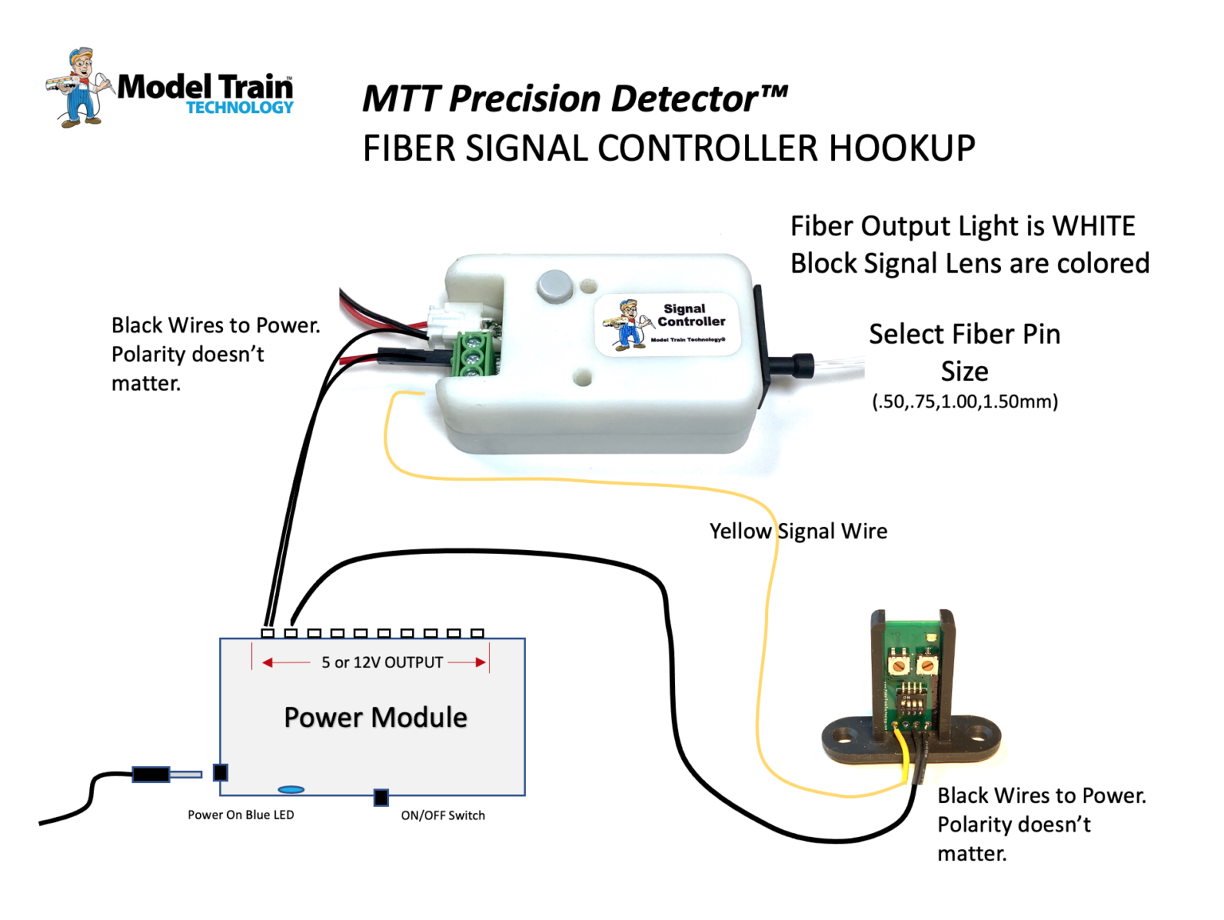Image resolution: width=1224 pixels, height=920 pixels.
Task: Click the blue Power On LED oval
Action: (x=291, y=789)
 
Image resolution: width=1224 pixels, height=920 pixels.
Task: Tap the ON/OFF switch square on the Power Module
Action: (x=381, y=796)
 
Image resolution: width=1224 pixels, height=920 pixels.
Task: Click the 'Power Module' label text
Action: (x=375, y=718)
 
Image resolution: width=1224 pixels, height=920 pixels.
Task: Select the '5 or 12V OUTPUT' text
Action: (x=382, y=662)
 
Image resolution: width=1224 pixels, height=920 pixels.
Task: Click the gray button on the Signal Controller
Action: (x=555, y=285)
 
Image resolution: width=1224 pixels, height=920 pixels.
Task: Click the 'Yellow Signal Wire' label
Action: (x=798, y=531)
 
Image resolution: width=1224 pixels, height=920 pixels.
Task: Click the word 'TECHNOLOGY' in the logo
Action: (x=240, y=108)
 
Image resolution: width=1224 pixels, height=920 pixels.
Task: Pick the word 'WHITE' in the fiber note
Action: (x=1093, y=226)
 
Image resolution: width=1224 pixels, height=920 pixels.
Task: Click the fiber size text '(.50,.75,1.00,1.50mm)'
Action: (x=964, y=401)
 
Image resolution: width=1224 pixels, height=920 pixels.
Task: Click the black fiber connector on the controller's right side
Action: (x=789, y=366)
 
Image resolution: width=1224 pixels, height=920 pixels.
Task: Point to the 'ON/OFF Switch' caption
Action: (x=442, y=815)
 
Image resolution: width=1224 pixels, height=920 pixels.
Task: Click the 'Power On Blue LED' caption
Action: (x=241, y=815)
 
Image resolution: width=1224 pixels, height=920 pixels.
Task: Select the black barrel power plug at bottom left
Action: (x=151, y=773)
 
